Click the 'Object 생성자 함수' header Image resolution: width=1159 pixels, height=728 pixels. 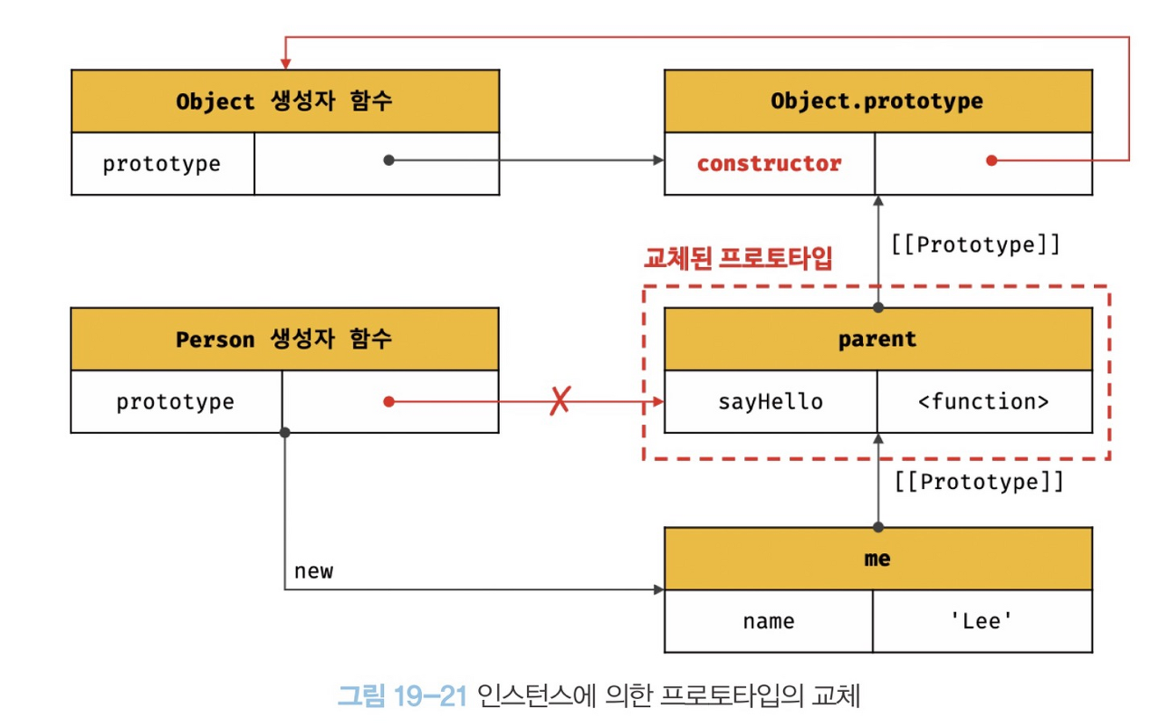coord(284,101)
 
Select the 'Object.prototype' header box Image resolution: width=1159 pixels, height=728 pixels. coord(876,101)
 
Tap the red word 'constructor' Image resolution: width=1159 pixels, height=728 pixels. coord(769,164)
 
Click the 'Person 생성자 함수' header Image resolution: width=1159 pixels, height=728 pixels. coord(284,340)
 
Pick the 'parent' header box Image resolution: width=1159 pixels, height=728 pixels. coord(876,340)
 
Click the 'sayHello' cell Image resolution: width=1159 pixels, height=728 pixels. coord(771,401)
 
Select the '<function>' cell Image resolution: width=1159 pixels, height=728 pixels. coord(983,401)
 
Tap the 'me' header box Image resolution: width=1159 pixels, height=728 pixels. coord(876,559)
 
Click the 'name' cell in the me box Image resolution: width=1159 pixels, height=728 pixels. coord(769,621)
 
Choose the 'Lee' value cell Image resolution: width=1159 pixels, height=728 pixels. coord(982,621)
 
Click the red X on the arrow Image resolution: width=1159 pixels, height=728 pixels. coord(560,400)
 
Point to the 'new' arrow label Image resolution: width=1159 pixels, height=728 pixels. coord(313,571)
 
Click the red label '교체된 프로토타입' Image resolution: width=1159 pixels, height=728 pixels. coord(737,259)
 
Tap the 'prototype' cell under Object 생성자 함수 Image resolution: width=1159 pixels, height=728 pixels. coord(162,164)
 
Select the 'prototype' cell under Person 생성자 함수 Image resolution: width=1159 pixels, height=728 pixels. coord(176,401)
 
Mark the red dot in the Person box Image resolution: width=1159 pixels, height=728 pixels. coord(388,401)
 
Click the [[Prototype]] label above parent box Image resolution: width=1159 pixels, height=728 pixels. coord(974,245)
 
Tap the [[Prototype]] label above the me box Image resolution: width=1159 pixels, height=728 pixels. coord(979,482)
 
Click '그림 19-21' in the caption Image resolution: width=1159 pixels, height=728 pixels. coord(402,696)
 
